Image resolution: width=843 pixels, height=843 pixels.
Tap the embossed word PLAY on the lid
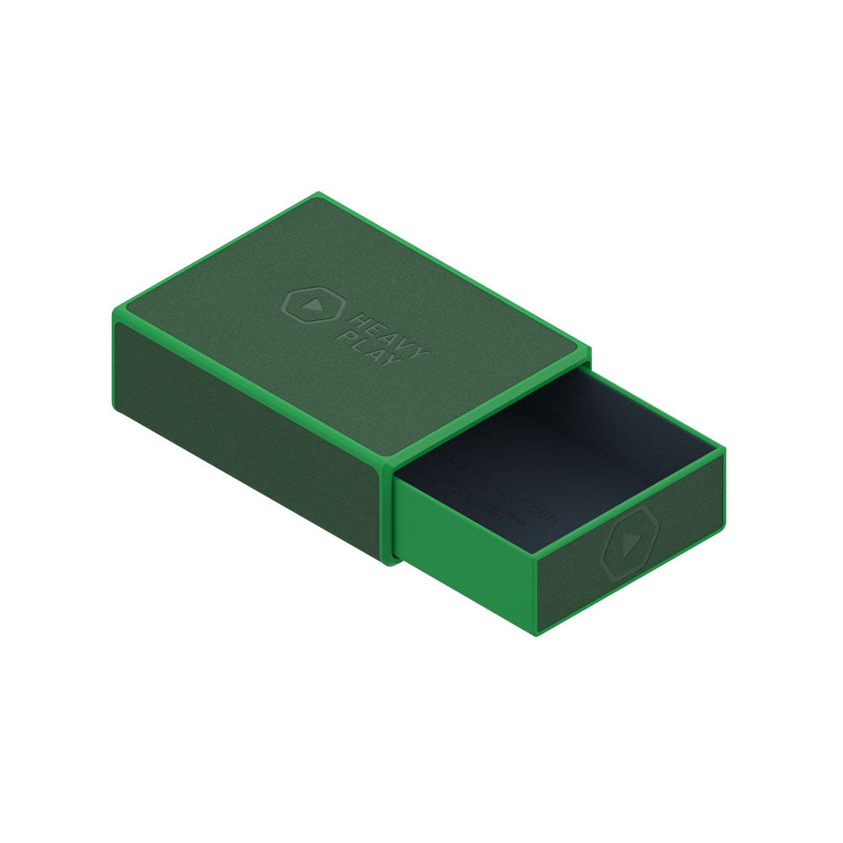point(358,346)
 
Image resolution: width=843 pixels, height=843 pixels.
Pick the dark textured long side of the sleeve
point(244,421)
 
